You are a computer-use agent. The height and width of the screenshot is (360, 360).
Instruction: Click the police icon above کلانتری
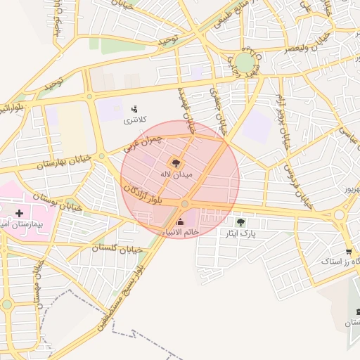[x=134, y=108]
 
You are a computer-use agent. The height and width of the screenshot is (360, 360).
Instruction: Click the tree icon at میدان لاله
[x=176, y=162]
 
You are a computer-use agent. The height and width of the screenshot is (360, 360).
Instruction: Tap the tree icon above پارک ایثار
[x=240, y=222]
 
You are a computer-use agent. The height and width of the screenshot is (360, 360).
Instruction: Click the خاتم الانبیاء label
[x=181, y=232]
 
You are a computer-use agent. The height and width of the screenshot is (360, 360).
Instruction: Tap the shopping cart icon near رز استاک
[x=348, y=252]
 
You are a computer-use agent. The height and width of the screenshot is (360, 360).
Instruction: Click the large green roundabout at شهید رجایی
[x=244, y=63]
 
